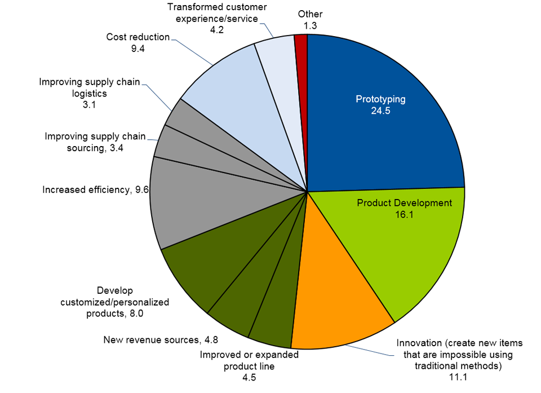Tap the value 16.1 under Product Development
(404, 214)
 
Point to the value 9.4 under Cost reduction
(138, 49)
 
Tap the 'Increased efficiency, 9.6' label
(95, 190)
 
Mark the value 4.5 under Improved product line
(249, 377)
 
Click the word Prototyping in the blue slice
(380, 99)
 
